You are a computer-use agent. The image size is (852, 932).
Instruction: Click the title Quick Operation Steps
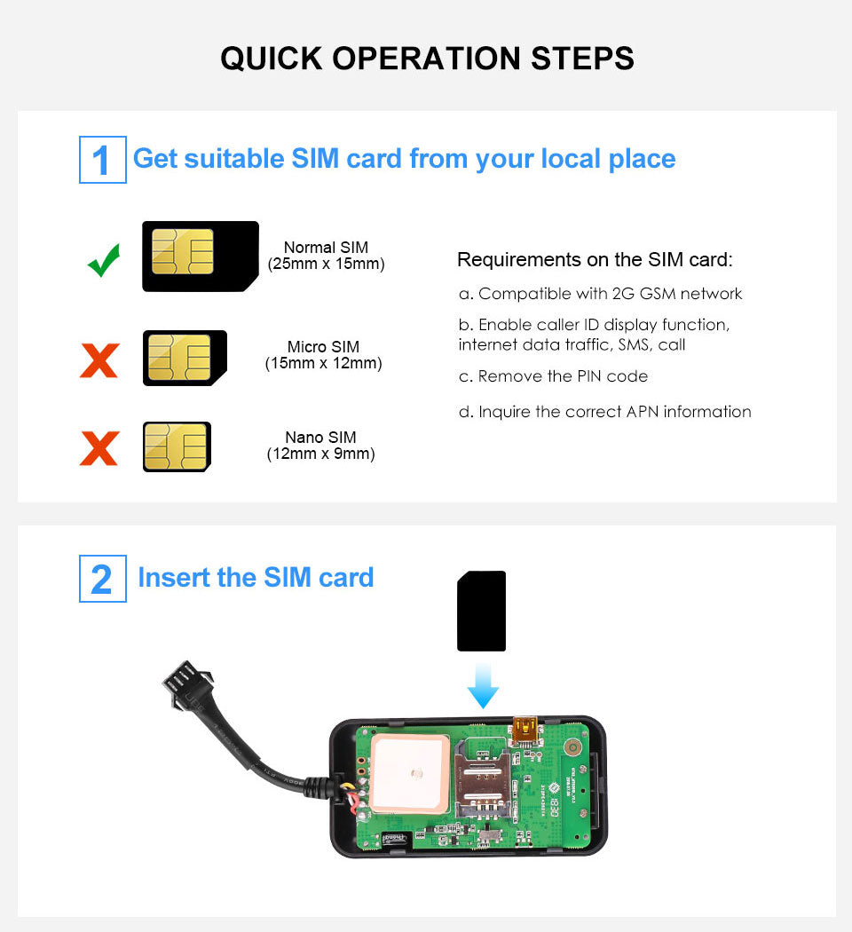point(427,59)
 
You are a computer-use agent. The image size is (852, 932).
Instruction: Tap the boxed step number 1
point(102,160)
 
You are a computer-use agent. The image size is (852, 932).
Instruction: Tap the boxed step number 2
point(102,579)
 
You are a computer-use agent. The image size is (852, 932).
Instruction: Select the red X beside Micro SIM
point(99,359)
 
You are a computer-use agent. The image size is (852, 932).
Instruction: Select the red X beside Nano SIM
point(99,447)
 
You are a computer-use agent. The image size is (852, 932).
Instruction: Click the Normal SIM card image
point(200,256)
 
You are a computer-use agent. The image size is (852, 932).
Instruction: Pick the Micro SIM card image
point(185,358)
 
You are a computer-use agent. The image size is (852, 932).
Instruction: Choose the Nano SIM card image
point(177,446)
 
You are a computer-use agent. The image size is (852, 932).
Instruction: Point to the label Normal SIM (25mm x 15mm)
point(326,256)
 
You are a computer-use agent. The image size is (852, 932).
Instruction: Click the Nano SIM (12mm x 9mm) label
point(320,446)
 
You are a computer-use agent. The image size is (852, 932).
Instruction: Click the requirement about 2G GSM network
point(600,294)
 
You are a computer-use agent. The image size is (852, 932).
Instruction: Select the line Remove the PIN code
point(553,376)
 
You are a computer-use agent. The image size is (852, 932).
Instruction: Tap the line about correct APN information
point(604,412)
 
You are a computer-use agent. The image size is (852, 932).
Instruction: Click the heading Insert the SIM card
point(256,578)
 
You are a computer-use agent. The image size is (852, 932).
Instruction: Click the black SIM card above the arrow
point(481,611)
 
